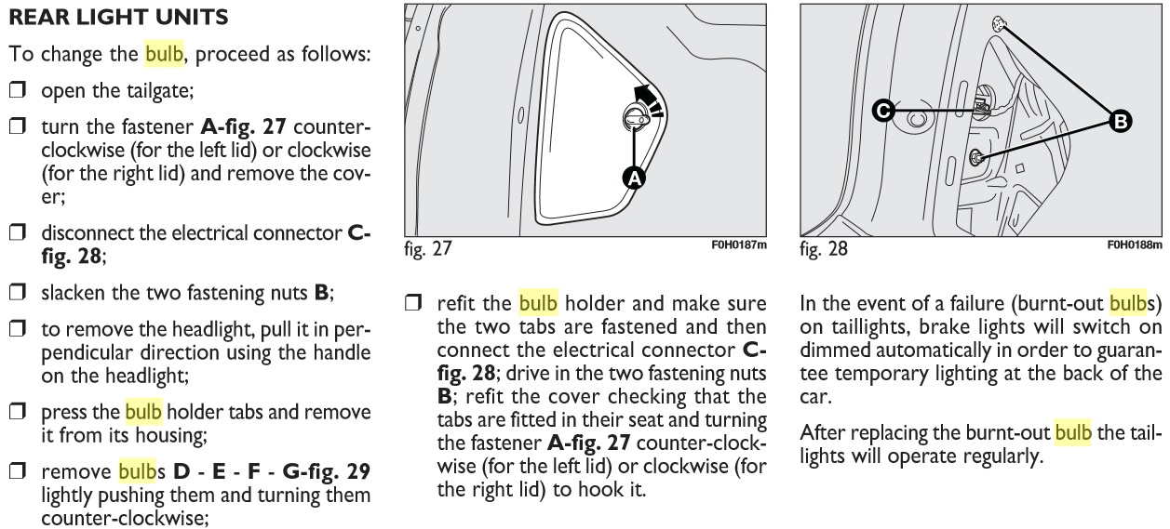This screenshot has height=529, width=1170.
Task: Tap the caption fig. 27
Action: [x=426, y=249]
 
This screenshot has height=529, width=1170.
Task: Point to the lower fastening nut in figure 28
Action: [x=976, y=157]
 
